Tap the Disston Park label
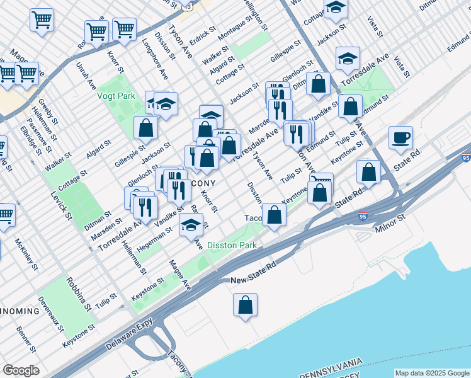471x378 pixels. point(232,245)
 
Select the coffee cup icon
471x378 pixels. point(400,138)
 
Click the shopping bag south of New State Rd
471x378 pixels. point(246,306)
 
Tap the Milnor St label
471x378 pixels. point(391,225)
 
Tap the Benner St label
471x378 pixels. point(27,340)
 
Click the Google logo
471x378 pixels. point(21,370)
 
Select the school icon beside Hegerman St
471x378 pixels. point(191,225)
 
